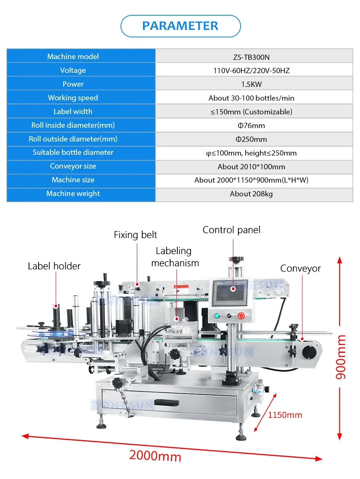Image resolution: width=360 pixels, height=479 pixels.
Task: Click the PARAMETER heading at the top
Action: [x=180, y=26]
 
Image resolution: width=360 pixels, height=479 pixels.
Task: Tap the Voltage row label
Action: [x=73, y=70]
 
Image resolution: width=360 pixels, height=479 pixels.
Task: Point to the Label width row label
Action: [x=73, y=111]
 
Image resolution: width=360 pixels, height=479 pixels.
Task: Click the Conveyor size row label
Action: [x=73, y=166]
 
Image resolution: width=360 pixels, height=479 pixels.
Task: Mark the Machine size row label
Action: [x=73, y=180]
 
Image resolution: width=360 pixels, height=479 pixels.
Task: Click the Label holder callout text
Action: [x=54, y=266]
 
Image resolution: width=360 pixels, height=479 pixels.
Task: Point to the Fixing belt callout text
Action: [x=135, y=235]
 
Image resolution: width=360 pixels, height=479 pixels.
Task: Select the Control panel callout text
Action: [x=231, y=230]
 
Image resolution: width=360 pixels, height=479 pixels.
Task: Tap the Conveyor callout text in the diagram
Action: [x=301, y=268]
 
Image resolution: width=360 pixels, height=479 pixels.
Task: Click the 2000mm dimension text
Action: [x=155, y=455]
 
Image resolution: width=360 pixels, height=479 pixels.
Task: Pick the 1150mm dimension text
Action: [x=285, y=415]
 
